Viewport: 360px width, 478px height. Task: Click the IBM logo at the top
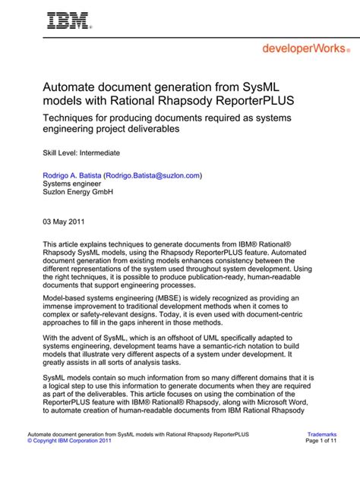click(69, 20)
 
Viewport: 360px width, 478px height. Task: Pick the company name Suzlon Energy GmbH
click(78, 193)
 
